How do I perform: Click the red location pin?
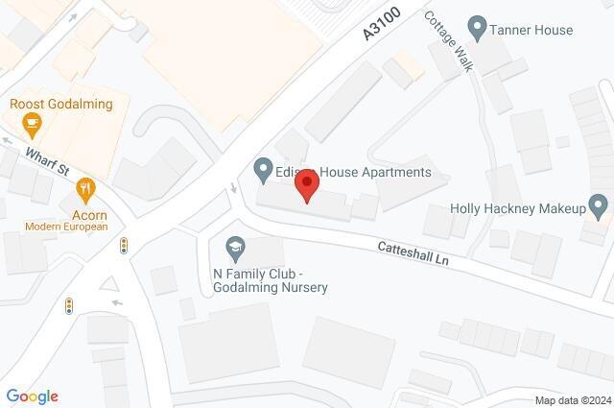pos(306,184)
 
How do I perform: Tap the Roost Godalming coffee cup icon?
pos(32,122)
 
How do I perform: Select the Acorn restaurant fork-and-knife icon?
pos(88,187)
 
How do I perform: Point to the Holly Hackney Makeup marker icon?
pos(599,204)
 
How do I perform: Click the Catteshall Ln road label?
pos(413,253)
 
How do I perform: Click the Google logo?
pos(32,396)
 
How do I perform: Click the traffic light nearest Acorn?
pos(123,247)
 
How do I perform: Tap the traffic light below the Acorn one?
pos(69,306)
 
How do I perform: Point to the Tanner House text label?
pos(531,30)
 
